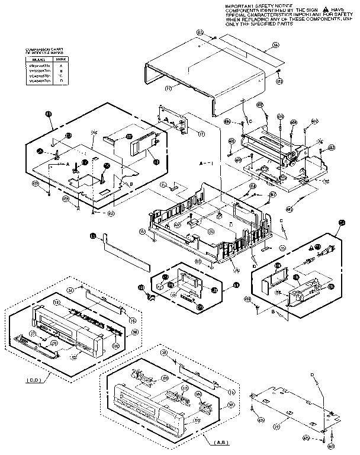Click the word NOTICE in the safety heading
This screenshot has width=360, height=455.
click(281, 5)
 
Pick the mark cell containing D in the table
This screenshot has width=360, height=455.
click(61, 81)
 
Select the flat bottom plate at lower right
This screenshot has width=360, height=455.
click(290, 409)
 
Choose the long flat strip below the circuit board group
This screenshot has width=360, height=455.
click(127, 249)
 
